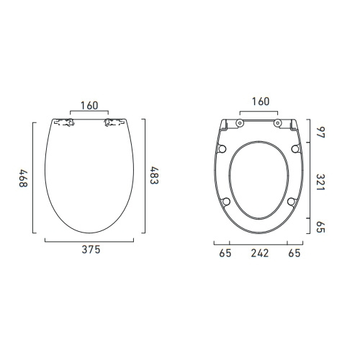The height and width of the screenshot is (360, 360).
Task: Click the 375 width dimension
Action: pyautogui.click(x=89, y=251)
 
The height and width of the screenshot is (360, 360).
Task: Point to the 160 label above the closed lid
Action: pyautogui.click(x=89, y=105)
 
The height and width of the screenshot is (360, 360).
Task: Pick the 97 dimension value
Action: pyautogui.click(x=315, y=132)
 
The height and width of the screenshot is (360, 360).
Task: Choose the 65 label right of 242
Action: pyautogui.click(x=294, y=254)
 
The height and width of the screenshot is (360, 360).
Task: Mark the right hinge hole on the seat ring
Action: pyautogui.click(x=277, y=123)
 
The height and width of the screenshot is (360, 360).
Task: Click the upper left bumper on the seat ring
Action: pyautogui.click(x=222, y=148)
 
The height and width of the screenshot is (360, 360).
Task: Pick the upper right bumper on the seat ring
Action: pyautogui.click(x=294, y=148)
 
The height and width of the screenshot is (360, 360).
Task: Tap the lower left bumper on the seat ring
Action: pyautogui.click(x=227, y=202)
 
